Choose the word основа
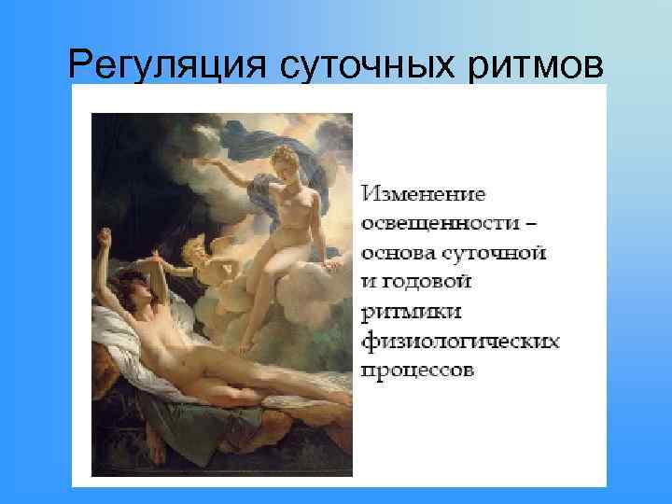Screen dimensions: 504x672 tap(398, 253)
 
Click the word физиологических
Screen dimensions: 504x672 tap(460, 340)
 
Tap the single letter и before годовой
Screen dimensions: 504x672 tap(368, 282)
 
